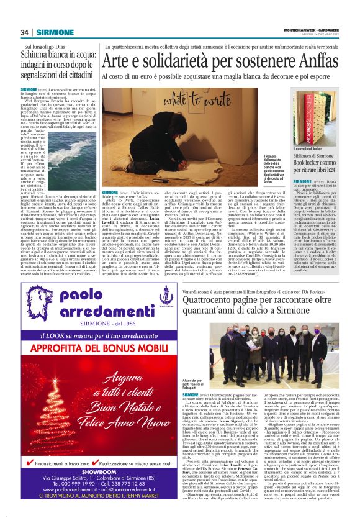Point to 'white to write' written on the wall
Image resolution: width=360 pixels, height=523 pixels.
(x=168, y=101)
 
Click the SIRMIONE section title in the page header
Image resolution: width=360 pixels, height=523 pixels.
(x=55, y=32)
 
